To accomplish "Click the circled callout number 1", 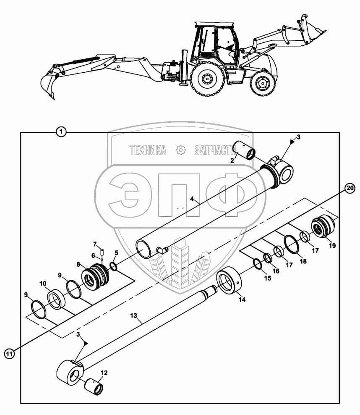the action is (62, 132).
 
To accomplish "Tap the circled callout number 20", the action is (350, 188).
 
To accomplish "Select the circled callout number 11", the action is (10, 354).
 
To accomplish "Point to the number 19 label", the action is (332, 246).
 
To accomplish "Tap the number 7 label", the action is (95, 244).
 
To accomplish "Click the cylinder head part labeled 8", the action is (96, 275).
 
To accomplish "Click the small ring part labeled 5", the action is (113, 266).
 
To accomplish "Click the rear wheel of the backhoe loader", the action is (206, 79).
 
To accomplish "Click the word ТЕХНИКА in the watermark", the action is (147, 150).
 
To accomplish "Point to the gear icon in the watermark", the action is (180, 150).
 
